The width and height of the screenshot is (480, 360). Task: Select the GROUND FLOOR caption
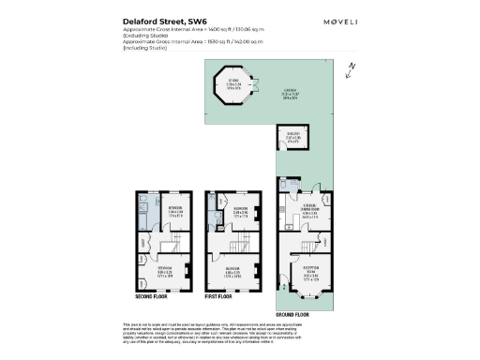pos(292,313)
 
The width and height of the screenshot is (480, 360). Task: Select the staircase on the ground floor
pos(287,247)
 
